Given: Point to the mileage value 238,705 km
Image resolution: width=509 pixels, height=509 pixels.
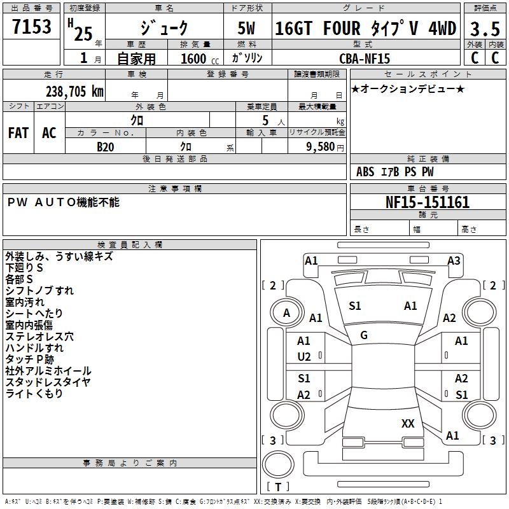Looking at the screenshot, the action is (x=74, y=92).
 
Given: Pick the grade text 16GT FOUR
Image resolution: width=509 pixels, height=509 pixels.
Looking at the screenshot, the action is (x=317, y=29).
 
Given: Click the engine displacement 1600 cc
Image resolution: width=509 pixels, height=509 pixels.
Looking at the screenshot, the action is (x=195, y=59).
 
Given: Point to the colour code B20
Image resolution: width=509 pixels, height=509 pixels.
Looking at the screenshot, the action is (x=106, y=146).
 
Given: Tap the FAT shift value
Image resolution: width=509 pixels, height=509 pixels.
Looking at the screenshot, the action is (x=18, y=133).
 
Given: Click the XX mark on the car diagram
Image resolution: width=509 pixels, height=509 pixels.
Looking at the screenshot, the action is (x=408, y=423).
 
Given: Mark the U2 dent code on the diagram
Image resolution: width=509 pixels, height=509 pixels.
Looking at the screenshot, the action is (x=304, y=357).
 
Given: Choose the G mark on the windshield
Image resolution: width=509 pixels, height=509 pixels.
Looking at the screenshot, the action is (x=364, y=335).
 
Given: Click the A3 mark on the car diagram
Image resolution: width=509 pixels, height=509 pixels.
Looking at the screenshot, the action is (x=454, y=260).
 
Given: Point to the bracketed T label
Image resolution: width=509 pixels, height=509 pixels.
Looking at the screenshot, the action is (x=278, y=487).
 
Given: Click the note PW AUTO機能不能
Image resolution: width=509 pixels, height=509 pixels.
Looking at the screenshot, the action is (x=63, y=202).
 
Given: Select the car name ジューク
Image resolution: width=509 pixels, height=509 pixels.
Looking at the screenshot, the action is (x=164, y=29).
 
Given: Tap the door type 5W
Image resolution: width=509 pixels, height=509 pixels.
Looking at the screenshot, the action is (x=247, y=29).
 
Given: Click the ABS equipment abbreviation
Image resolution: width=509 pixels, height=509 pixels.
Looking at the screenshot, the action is (x=365, y=172).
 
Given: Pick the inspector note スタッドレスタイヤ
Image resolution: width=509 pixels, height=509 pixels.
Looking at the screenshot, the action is (x=48, y=382).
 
